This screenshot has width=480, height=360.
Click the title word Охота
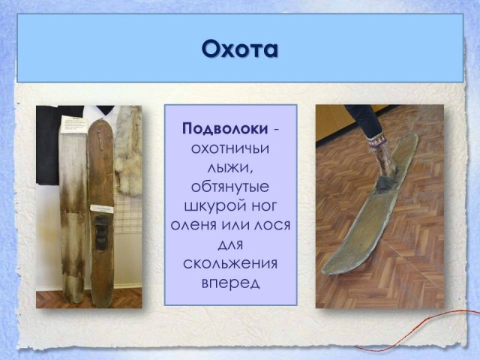240,49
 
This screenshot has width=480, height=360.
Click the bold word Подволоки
225,129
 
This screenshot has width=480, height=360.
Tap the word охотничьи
230,148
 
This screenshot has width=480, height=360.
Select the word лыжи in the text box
230,168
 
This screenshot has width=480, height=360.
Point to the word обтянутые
230,187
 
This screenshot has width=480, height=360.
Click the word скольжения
230,263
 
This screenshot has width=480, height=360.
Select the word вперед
230,283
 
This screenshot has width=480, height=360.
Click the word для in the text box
230,244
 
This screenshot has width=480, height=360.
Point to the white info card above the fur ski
73,124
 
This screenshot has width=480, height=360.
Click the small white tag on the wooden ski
102,208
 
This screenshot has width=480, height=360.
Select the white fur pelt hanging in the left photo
128,150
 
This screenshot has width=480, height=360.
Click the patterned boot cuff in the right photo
377,142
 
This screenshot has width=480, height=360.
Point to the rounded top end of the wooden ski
100,124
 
